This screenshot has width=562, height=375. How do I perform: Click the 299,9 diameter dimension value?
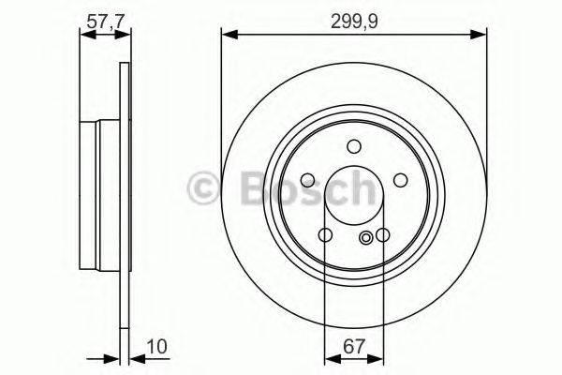354,16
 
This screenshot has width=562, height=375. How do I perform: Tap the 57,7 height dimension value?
102,16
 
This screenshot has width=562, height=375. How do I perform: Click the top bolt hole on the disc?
353,145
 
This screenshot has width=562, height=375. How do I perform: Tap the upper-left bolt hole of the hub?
308,181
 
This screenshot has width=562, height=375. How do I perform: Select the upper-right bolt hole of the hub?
400,181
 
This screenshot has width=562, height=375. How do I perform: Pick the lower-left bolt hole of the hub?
325,235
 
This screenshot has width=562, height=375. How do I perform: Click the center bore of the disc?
353,195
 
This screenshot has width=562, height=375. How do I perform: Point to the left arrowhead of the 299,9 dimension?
227,35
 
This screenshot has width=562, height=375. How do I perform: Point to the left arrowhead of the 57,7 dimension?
84,35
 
